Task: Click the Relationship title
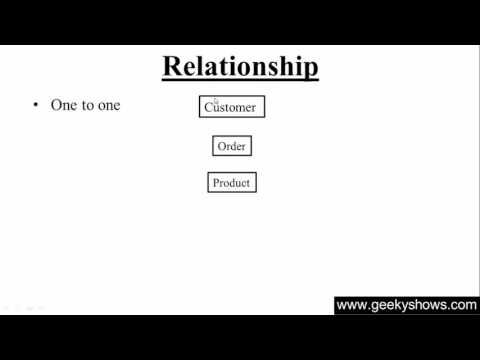pos(240,67)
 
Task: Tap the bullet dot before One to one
pos(36,104)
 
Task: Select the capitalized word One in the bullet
pos(63,104)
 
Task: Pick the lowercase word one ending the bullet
pos(108,104)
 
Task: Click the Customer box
pos(232,107)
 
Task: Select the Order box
pos(231,146)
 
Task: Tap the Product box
pos(231,183)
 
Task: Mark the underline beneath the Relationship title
pos(240,80)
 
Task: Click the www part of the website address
pos(350,305)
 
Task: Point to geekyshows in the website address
pos(406,305)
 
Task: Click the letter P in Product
pos(216,183)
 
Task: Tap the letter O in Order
pos(221,146)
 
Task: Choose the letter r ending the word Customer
pos(254,107)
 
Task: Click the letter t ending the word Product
pos(248,183)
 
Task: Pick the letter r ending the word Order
pos(243,146)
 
